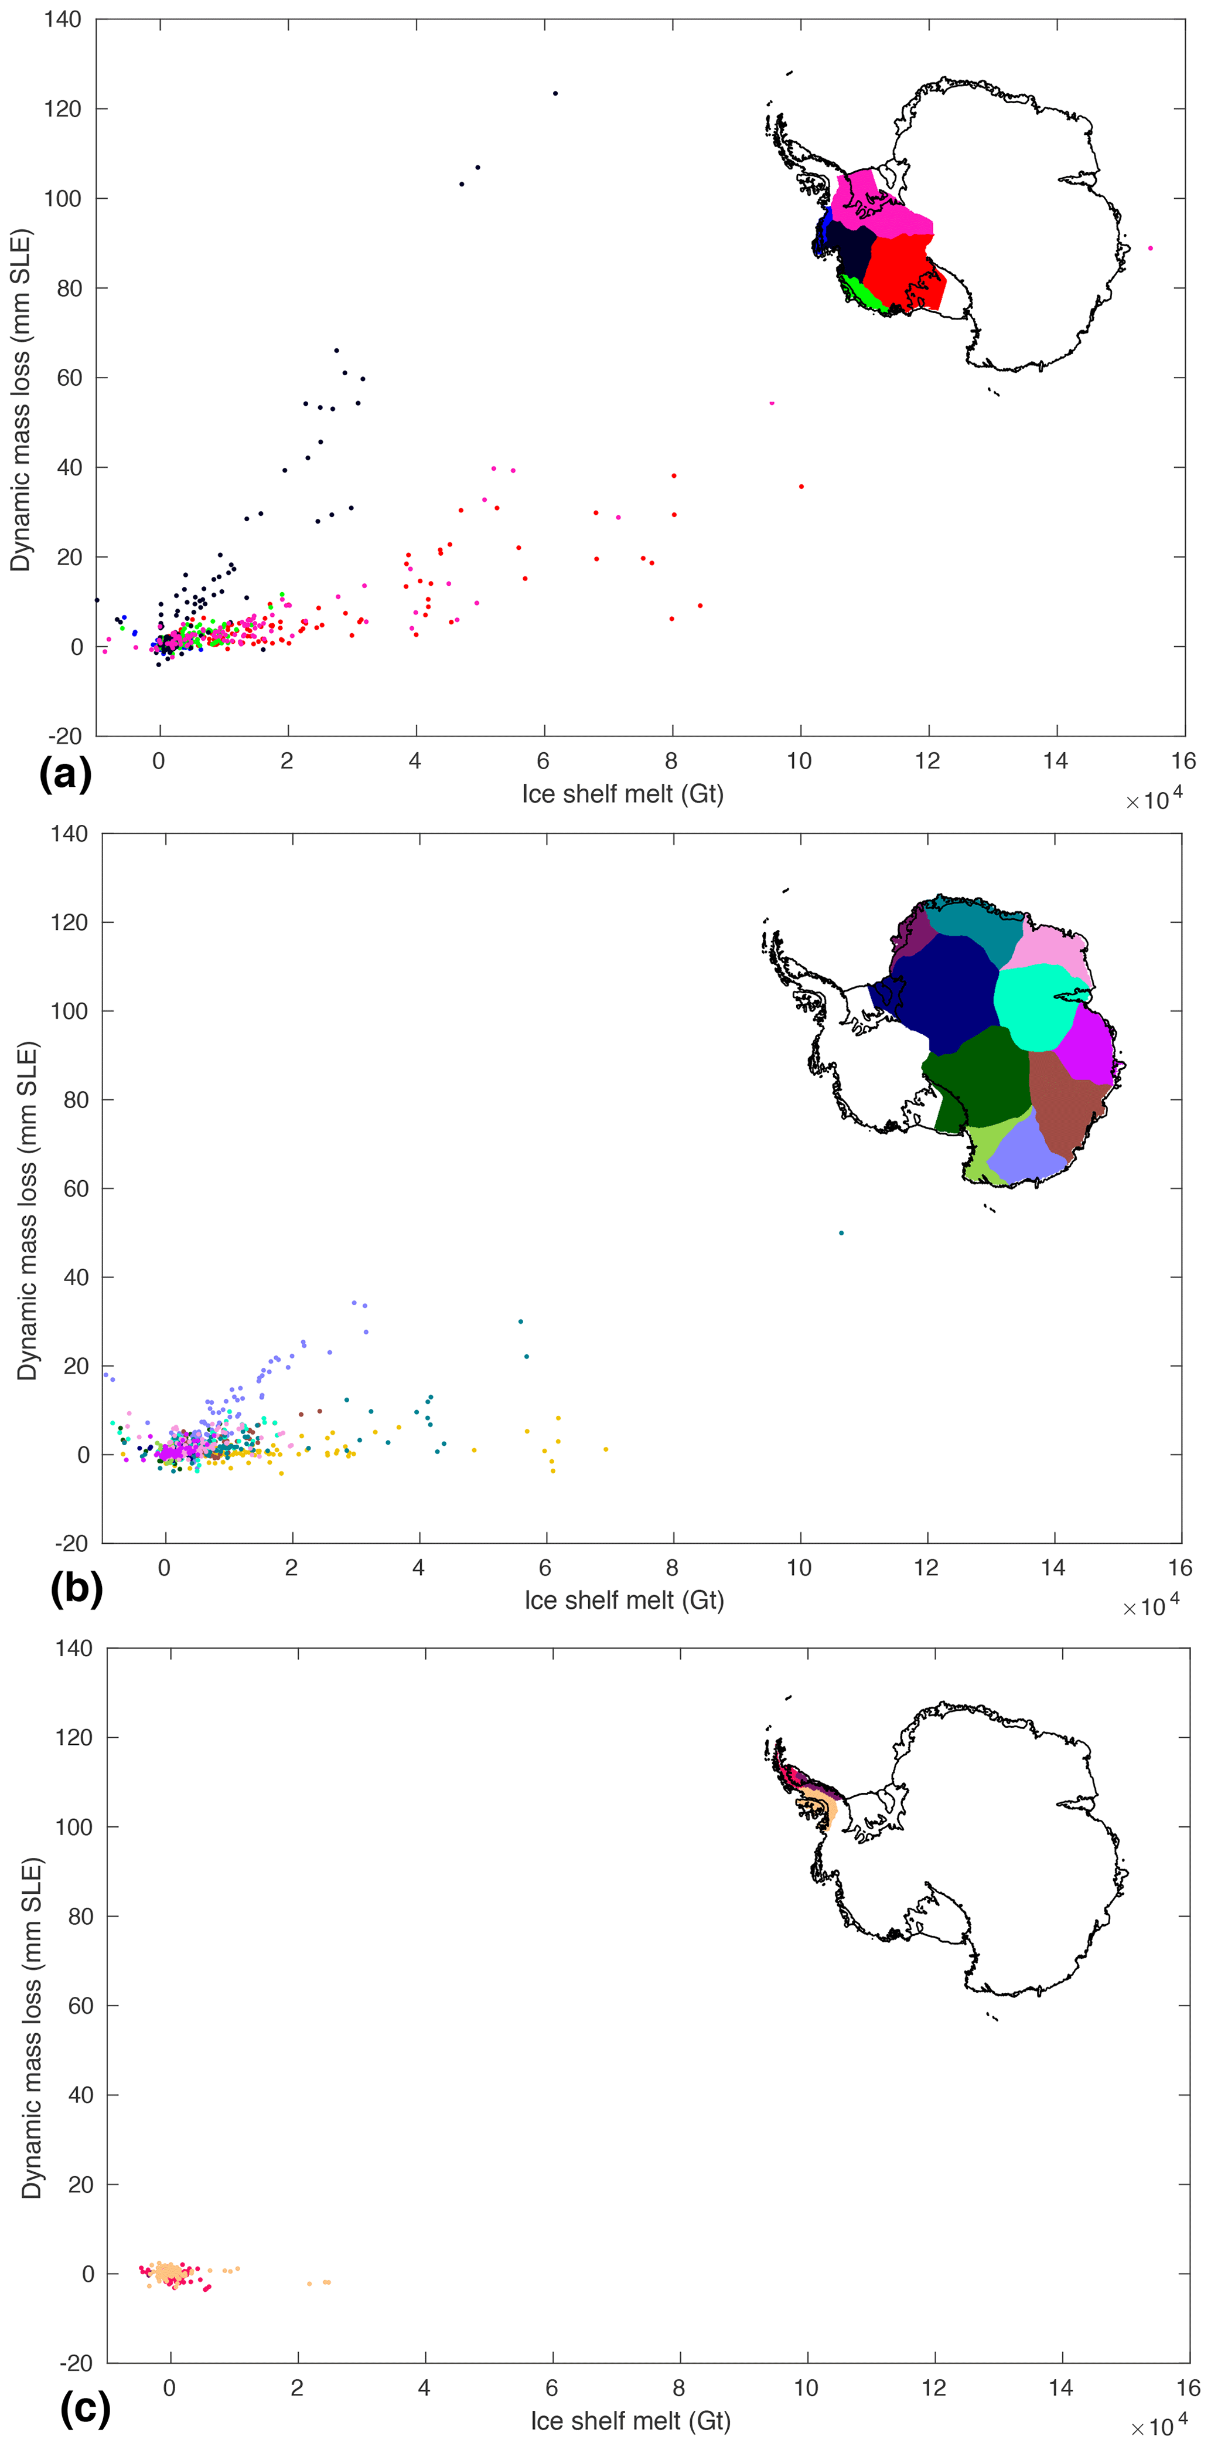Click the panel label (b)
[x=76, y=1586]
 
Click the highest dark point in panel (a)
[x=555, y=93]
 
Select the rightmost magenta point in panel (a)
[x=1150, y=248]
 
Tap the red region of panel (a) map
[x=902, y=271]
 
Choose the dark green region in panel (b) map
[x=978, y=1078]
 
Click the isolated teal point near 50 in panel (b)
[x=841, y=1232]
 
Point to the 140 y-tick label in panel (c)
[x=74, y=1649]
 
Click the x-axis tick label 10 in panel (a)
[x=799, y=760]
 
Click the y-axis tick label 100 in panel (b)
[x=70, y=1011]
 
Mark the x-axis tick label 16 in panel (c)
[x=1188, y=2388]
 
